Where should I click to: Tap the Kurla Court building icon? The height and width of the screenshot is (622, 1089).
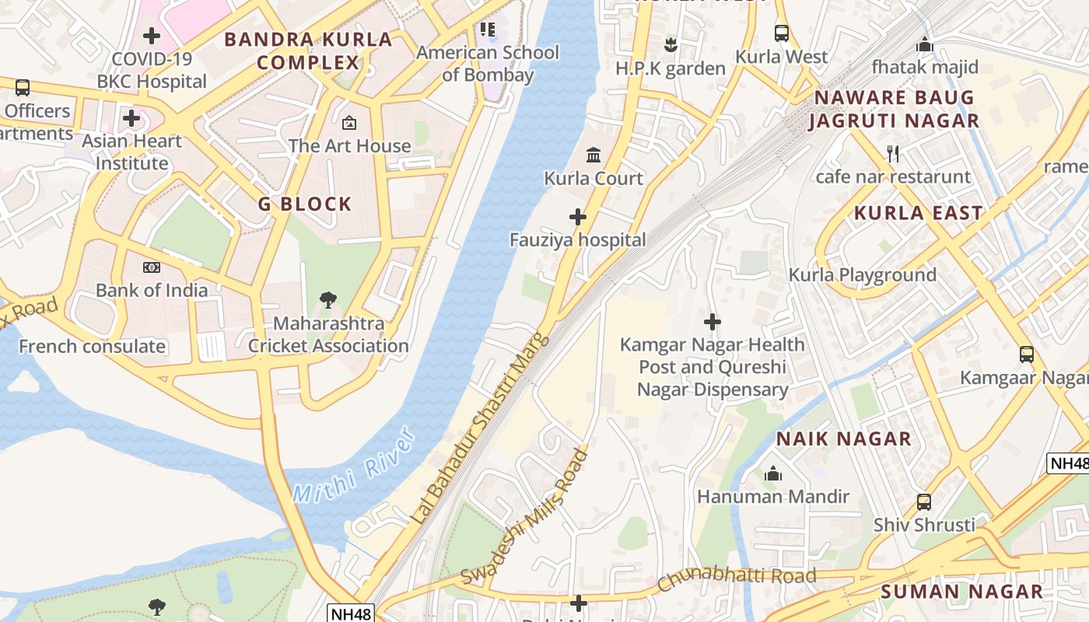pos(594,155)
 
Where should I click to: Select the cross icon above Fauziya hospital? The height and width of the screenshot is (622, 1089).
pos(578,216)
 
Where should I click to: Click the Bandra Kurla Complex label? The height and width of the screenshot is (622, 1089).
pos(308,51)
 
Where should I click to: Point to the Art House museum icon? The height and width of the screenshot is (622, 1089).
pos(349,123)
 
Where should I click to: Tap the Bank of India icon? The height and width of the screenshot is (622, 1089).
pos(152,267)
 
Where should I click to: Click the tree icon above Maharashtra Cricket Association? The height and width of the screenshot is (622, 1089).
pos(328,300)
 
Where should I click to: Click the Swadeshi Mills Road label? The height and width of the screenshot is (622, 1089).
pos(524,517)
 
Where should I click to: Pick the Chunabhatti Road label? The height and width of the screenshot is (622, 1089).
pos(737,578)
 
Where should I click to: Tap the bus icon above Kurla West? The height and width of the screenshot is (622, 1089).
pos(782,33)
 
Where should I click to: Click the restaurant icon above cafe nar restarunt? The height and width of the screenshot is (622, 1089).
pos(893,154)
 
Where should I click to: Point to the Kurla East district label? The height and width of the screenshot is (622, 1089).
pos(919,213)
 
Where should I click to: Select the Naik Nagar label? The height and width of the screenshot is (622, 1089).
pos(844,439)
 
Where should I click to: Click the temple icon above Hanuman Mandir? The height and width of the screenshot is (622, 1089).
pos(773,473)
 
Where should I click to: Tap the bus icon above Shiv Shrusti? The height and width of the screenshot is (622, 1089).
pos(923,502)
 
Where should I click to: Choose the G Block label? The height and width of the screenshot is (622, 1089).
pos(305,204)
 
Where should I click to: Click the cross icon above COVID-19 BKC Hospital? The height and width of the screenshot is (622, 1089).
pos(152,36)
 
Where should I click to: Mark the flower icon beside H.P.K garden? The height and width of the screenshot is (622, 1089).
pos(671,45)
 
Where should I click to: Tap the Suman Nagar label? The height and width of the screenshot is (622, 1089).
pos(961,592)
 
